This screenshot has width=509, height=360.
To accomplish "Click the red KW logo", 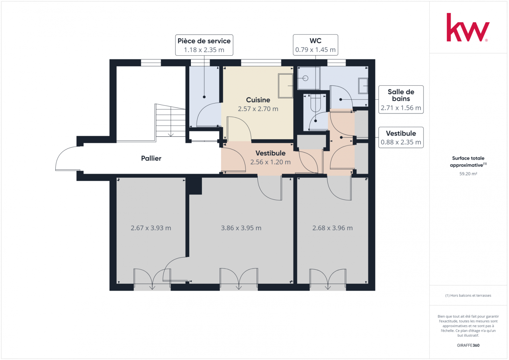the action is [468, 27].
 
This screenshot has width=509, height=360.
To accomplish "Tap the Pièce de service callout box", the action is [204, 45].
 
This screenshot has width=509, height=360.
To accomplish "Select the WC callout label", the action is [315, 45].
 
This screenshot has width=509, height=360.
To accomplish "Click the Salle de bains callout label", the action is [401, 99].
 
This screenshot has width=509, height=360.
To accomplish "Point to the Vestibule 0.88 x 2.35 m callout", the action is [401, 138].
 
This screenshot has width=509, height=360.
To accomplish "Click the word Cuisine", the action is [258, 100].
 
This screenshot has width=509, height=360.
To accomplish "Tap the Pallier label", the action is [151, 158].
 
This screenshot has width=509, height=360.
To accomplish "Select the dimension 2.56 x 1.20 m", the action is [270, 162].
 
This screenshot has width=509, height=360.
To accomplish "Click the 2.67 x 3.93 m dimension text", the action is [151, 228].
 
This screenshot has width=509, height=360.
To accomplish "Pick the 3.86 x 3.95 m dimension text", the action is [241, 228].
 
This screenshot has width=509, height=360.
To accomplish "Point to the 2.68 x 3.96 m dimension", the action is [332, 228].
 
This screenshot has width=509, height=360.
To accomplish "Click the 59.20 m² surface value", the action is [468, 174].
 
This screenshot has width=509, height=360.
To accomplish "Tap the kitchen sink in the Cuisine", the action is [285, 86].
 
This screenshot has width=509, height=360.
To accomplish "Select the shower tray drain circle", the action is [305, 78].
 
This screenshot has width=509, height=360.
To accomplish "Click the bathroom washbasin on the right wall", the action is [363, 86].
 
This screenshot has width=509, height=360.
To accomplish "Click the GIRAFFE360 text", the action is [468, 345].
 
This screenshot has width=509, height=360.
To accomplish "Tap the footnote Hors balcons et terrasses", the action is [468, 295].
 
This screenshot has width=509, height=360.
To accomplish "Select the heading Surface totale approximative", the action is [468, 161].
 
